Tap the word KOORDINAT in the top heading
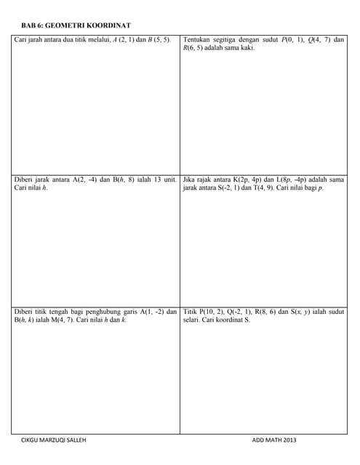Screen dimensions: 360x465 (x=107, y=25)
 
